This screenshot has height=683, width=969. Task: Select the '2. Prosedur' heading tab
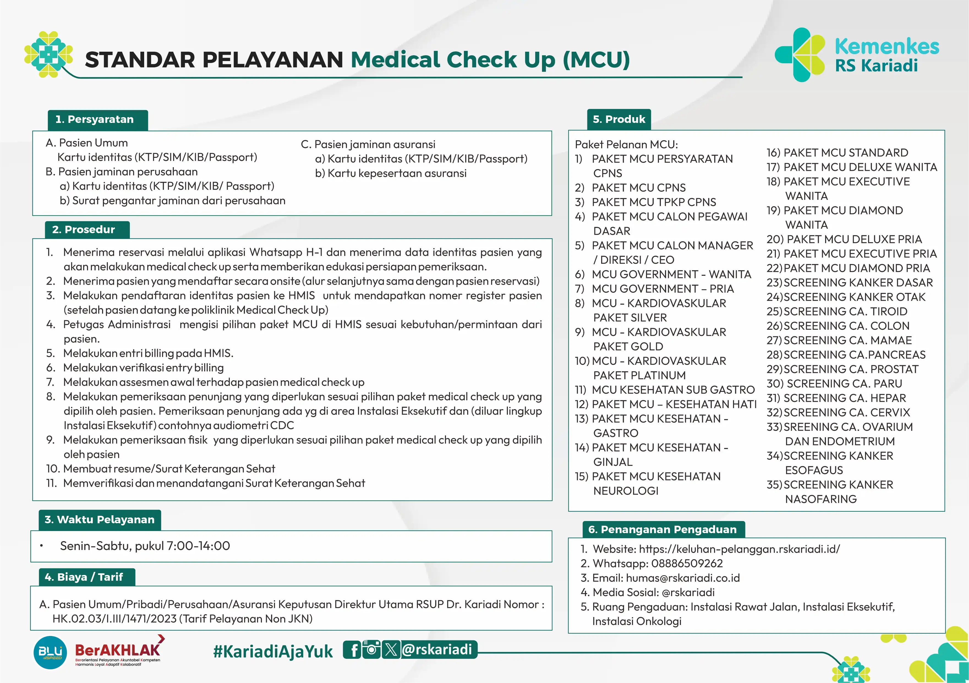84,230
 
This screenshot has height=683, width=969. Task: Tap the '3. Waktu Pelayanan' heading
100,520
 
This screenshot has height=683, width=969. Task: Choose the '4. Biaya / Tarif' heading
84,577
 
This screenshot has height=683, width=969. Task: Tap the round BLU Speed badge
50,652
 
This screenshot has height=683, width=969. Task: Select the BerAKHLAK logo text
117,650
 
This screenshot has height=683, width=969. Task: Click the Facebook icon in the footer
354,650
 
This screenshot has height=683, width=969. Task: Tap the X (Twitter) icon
391,650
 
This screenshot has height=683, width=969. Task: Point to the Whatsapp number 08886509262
687,564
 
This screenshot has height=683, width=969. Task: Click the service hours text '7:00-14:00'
198,546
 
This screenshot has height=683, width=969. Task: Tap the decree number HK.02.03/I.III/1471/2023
114,619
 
